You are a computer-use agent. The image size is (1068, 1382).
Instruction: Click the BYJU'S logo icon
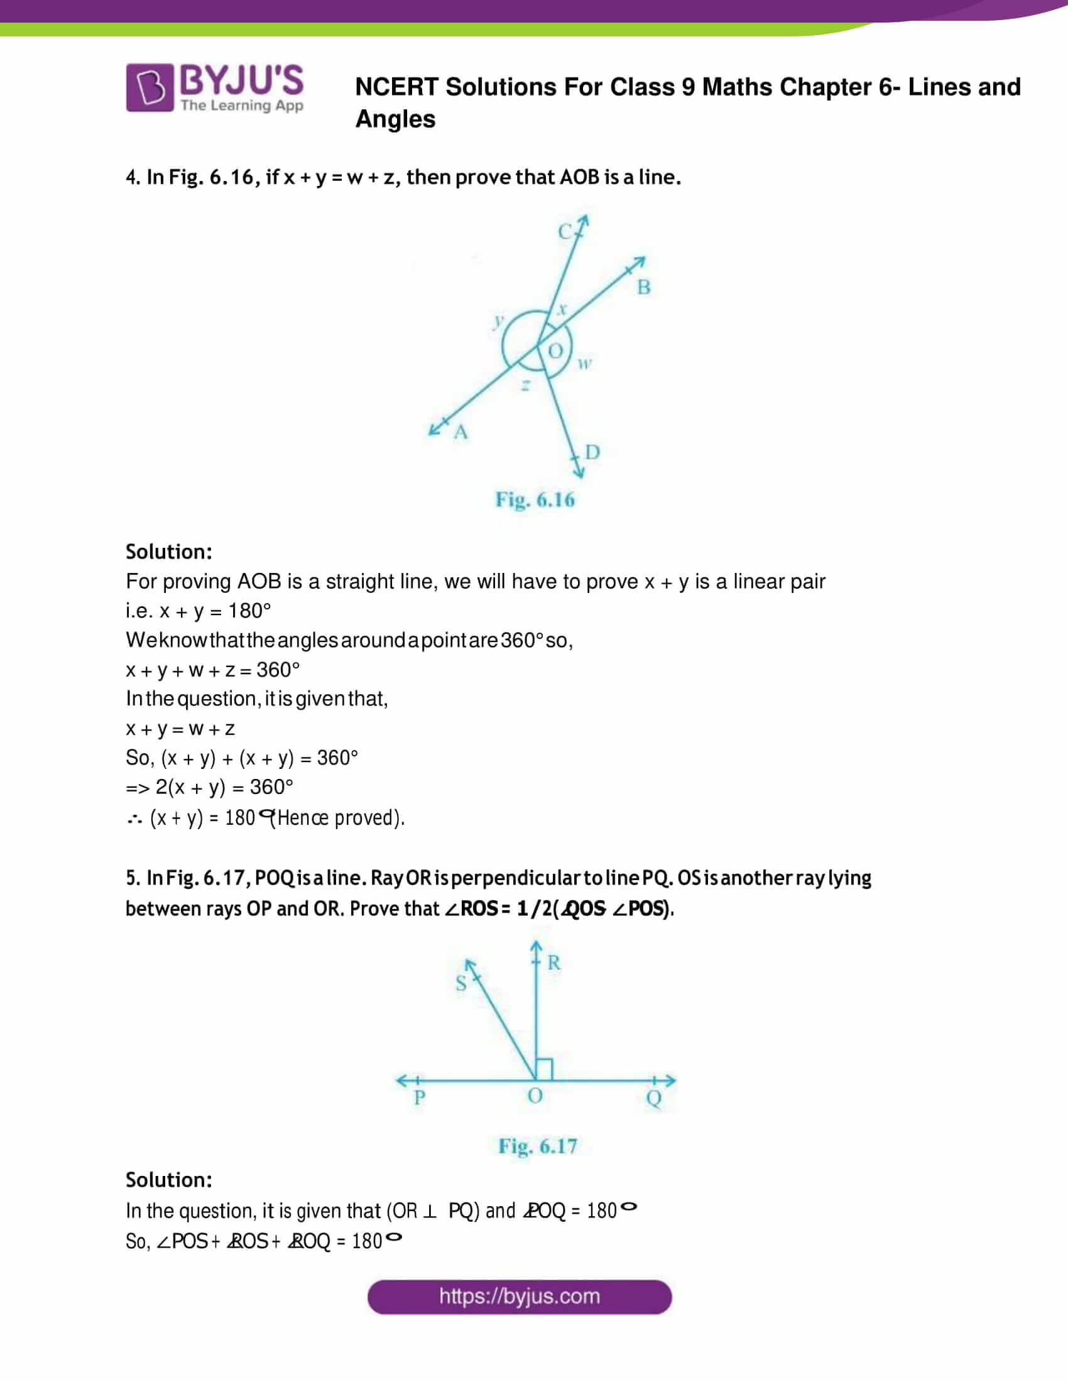[x=150, y=87]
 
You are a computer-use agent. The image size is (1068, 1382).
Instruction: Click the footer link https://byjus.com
[x=519, y=1297]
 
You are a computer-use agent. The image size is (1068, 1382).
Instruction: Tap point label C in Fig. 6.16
[x=564, y=232]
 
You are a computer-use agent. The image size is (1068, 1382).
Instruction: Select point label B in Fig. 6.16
[x=643, y=287]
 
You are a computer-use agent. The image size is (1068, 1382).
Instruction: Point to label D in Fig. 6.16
[x=592, y=452]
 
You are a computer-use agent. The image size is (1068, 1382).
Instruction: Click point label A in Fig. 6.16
[x=460, y=432]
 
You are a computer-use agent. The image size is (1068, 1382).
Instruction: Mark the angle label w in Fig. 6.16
[x=585, y=363]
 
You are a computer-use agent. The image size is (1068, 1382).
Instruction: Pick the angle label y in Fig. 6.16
[x=499, y=320]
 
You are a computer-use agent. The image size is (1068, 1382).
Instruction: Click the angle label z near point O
[x=525, y=384]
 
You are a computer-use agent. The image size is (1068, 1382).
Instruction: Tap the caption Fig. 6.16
[x=535, y=500]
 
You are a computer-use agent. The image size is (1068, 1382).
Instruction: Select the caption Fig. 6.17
[x=537, y=1146]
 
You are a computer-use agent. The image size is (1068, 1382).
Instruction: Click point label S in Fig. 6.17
[x=461, y=982]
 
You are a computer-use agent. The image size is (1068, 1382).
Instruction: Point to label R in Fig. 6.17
[x=553, y=962]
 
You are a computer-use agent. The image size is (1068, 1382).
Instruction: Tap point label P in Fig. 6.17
[x=419, y=1097]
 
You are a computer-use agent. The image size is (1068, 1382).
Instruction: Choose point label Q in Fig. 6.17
[x=653, y=1098]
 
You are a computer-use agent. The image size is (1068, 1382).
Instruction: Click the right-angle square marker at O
[x=544, y=1069]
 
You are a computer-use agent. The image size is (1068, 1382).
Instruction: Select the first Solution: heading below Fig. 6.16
[x=168, y=552]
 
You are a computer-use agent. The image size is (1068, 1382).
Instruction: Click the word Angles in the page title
[x=395, y=119]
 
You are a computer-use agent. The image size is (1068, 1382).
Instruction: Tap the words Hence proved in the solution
[x=336, y=817]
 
